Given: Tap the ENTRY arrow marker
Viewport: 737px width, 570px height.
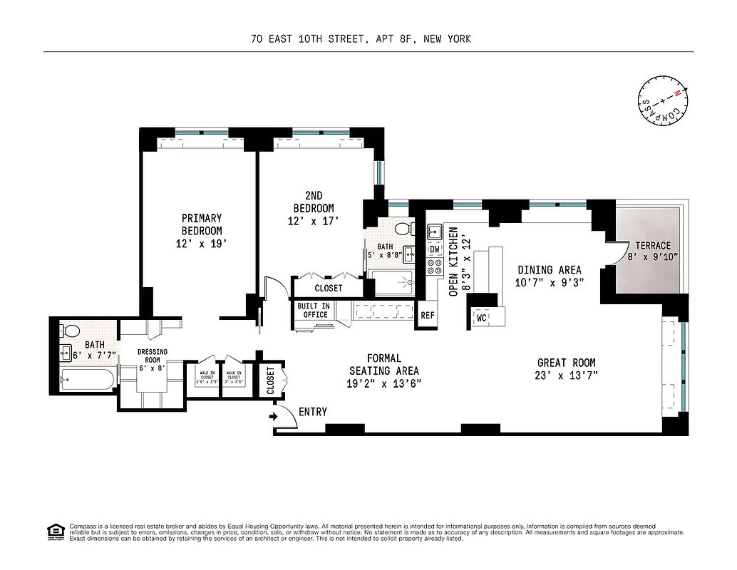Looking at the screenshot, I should click(274, 416).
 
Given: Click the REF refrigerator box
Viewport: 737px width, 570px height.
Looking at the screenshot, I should click(428, 316).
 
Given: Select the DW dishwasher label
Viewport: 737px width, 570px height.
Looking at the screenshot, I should click(434, 249).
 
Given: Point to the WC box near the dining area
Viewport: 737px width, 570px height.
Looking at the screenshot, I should click(481, 318).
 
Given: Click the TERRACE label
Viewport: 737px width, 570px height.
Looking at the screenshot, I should click(653, 246).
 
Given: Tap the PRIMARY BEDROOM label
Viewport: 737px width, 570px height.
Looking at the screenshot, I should click(202, 224).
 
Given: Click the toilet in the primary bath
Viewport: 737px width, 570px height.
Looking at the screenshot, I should click(71, 332).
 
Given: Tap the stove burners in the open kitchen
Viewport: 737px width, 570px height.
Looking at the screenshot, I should click(434, 268).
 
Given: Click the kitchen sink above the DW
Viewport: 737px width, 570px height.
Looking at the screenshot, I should click(434, 232).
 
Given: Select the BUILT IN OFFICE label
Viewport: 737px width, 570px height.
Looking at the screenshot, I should click(313, 310).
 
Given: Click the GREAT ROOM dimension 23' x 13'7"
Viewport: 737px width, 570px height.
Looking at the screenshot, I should click(567, 375).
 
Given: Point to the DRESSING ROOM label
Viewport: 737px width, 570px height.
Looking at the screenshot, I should click(152, 356).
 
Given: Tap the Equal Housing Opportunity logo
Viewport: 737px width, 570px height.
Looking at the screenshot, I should click(53, 531).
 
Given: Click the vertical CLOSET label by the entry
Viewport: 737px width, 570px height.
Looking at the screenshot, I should click(271, 380).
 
